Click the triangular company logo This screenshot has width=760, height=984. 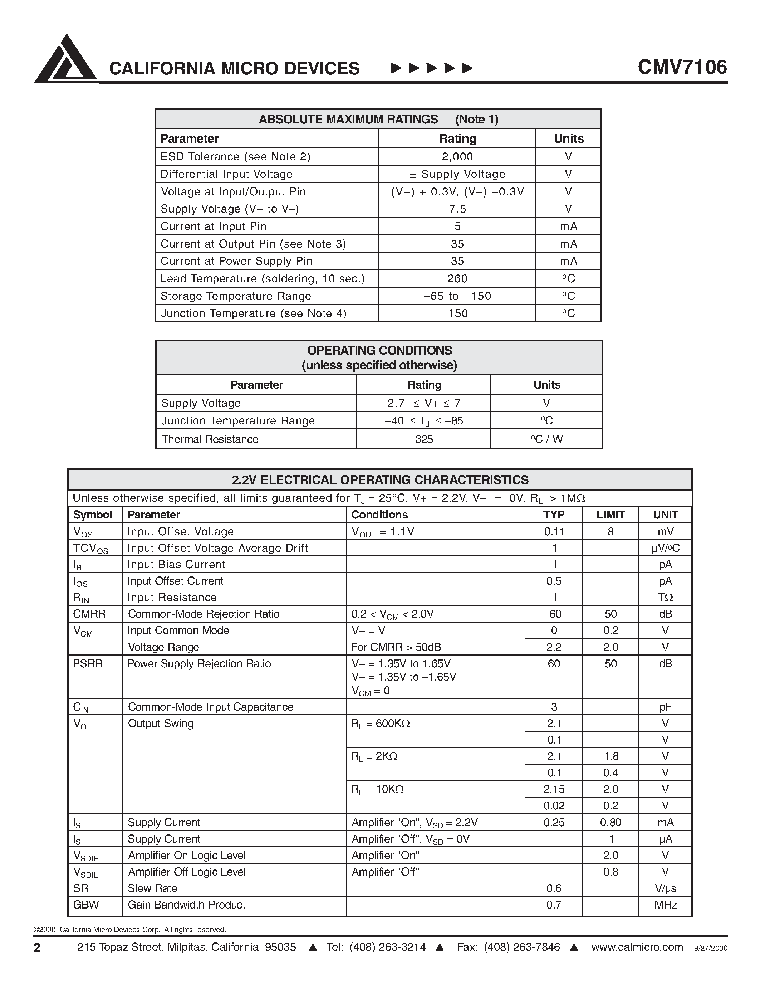pos(66,60)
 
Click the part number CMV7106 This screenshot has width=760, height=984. pos(682,68)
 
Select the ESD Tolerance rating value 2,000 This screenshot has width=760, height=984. pos(457,157)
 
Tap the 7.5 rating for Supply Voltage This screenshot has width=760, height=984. pos(457,209)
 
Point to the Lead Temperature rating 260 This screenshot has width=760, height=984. pos(457,279)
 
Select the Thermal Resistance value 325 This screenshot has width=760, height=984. pos(424,439)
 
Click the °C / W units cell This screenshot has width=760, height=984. pos(546,439)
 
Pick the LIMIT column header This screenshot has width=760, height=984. pos(610,515)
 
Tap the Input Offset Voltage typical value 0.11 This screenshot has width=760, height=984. pos(554,532)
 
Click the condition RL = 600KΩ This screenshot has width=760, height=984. pos(381,724)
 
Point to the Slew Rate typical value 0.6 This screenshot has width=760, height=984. pos(554,888)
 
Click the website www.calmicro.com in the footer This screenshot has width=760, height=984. pos(637,947)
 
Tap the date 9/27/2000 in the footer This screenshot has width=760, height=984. pos(711,948)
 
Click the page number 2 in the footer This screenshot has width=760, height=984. pos(37,948)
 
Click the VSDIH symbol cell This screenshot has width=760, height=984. pos(85,856)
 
